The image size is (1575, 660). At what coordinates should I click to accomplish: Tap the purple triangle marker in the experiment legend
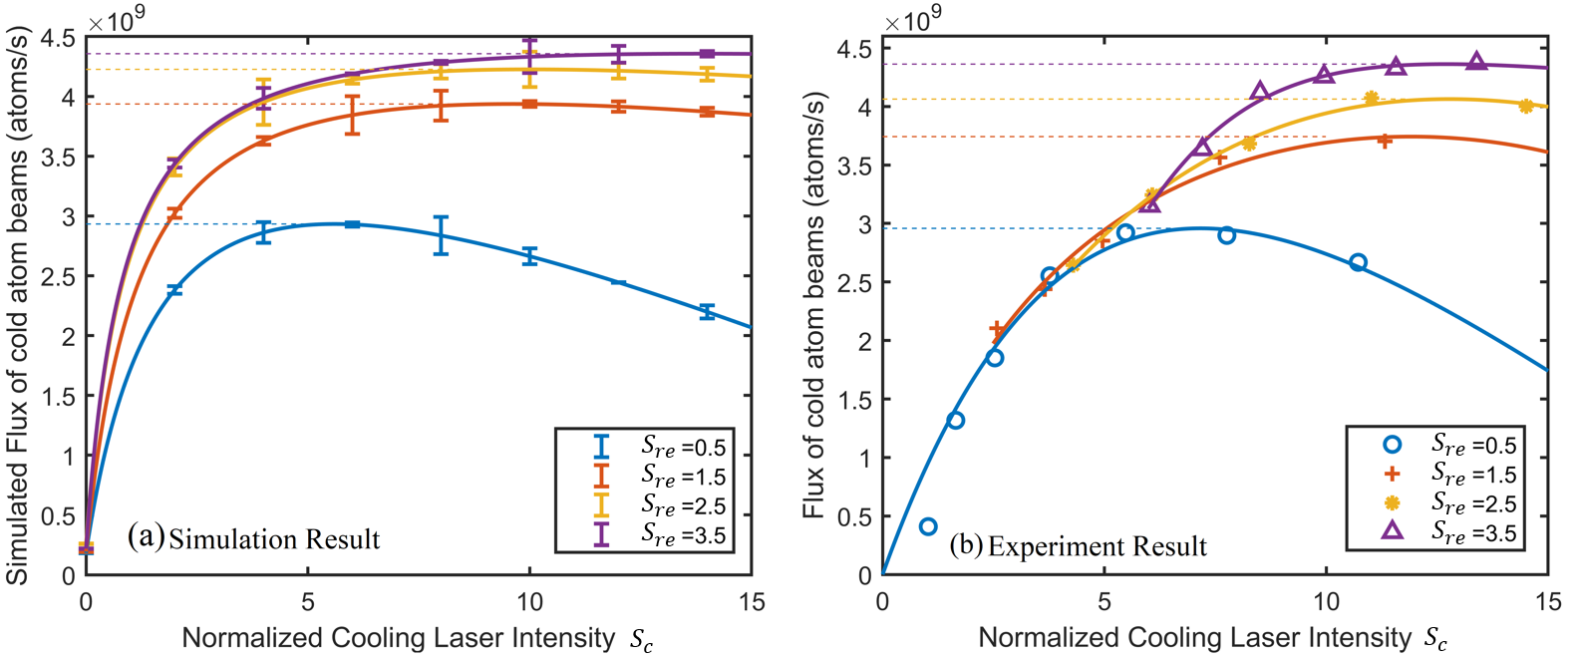(1392, 530)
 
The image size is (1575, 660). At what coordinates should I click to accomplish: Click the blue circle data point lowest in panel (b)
(928, 526)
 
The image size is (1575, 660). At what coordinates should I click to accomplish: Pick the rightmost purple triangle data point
(1477, 62)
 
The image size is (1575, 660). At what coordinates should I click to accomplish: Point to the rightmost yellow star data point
(1526, 107)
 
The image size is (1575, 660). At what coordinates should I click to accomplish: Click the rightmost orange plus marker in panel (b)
(1385, 141)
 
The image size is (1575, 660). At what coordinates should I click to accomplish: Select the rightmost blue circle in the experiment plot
(1358, 262)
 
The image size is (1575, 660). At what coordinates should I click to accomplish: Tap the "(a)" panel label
(146, 537)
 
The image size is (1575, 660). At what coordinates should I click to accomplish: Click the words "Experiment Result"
(1097, 546)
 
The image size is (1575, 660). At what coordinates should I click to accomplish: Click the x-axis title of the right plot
(1212, 638)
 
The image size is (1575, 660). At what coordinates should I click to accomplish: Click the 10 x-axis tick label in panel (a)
(529, 602)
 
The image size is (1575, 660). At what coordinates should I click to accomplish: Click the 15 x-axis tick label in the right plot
(1548, 602)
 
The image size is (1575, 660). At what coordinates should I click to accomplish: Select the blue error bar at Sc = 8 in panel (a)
(441, 235)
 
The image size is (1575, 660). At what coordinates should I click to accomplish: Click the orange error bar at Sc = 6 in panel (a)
(352, 115)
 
